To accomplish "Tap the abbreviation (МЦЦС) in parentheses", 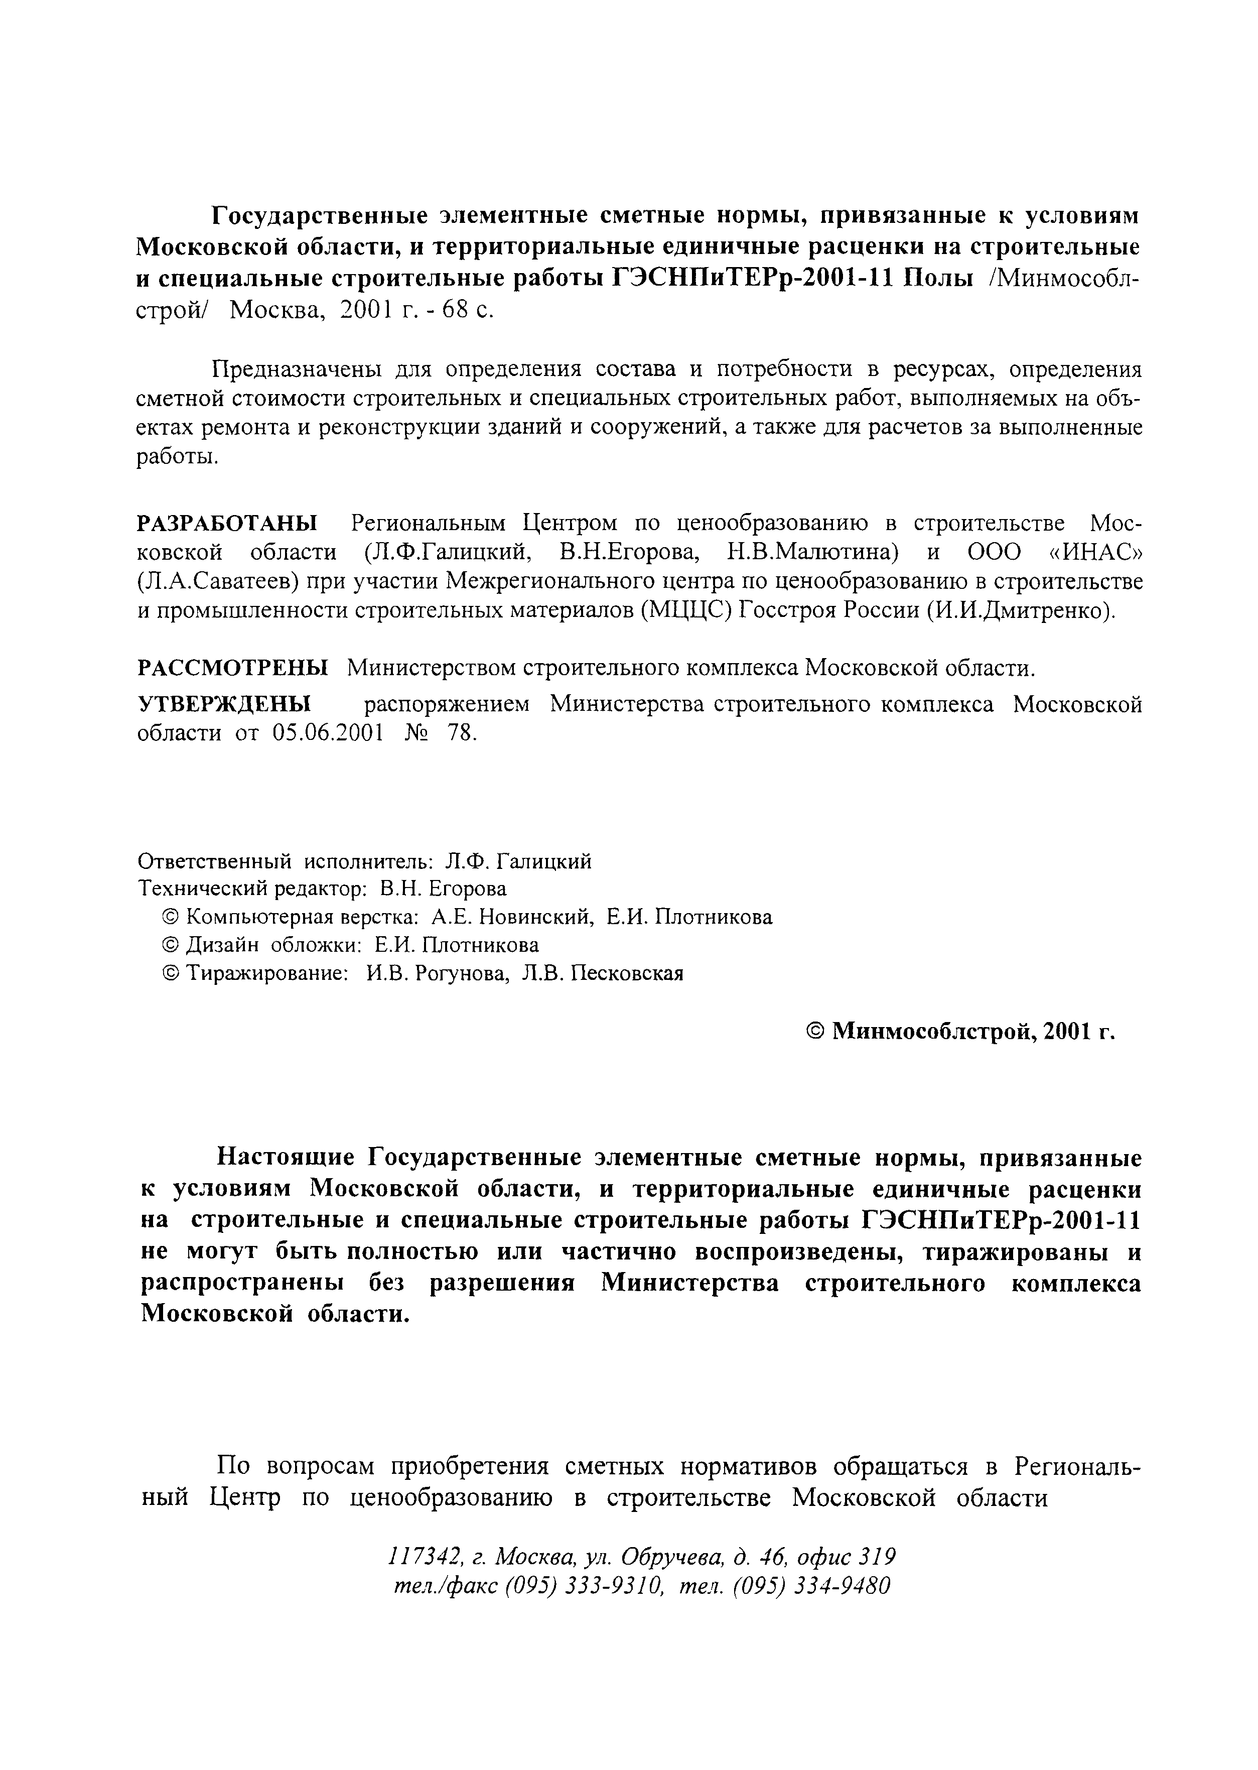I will coord(685,611).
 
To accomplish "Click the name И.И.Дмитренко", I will coord(1021,611).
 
